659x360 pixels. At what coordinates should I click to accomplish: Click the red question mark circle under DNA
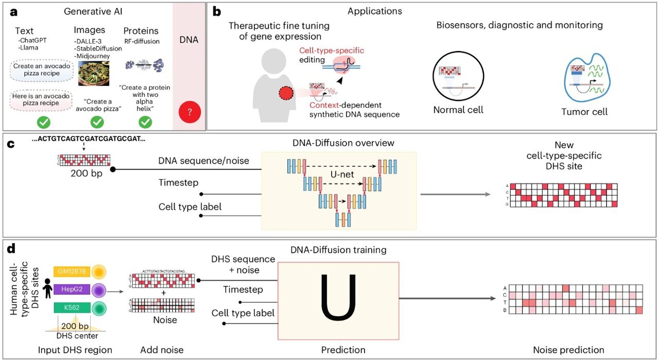click(189, 113)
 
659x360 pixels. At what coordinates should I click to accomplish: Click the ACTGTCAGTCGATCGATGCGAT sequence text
click(89, 140)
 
